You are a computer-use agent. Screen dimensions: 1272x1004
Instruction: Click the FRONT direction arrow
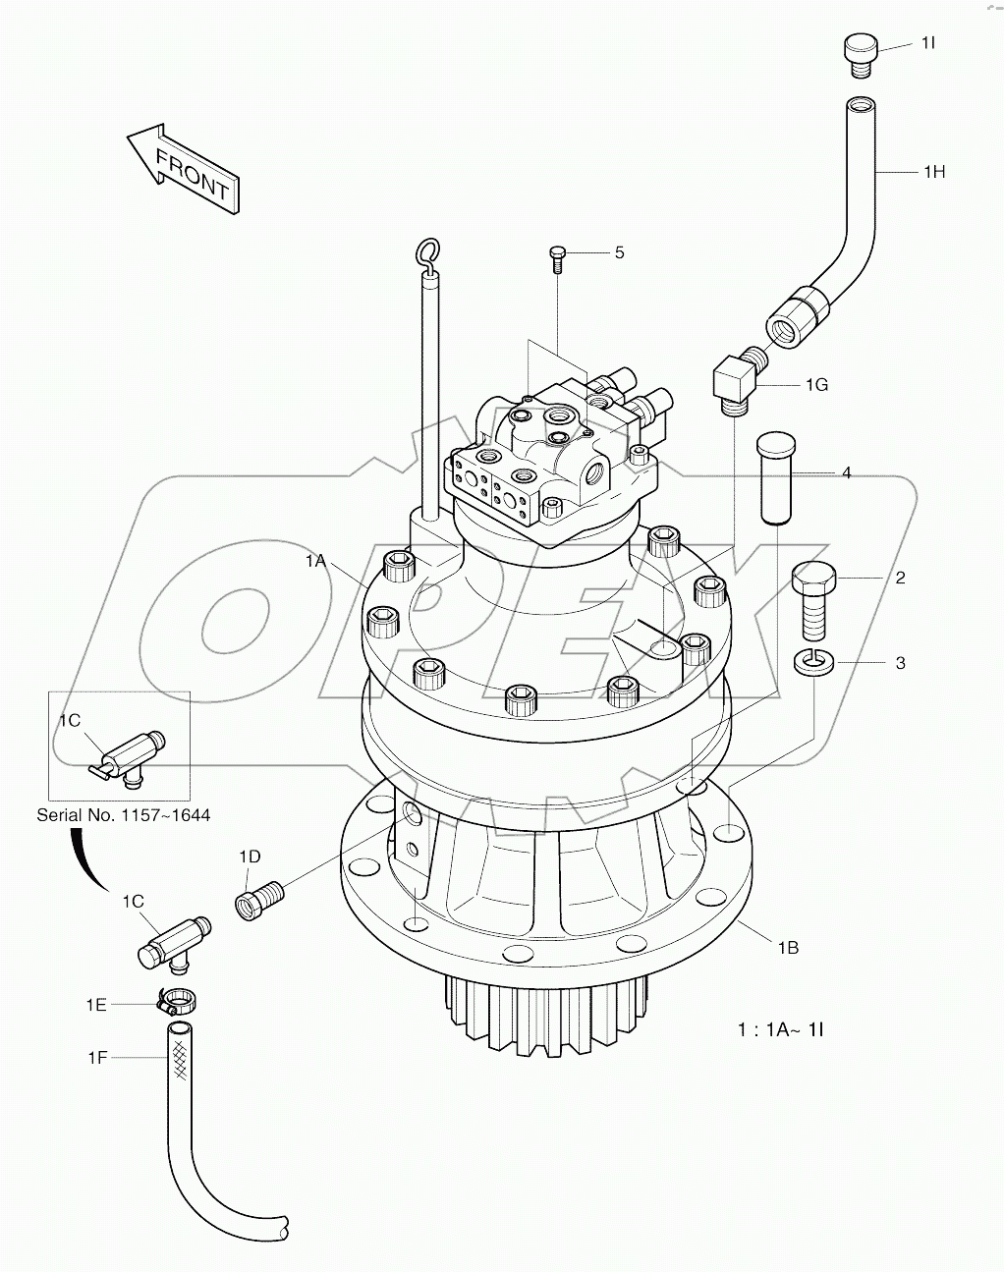pos(183,167)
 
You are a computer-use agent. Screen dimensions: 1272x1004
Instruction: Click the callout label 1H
pos(932,172)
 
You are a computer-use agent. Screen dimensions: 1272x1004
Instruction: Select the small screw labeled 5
pos(557,258)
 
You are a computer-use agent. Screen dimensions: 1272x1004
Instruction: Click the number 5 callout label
pos(619,252)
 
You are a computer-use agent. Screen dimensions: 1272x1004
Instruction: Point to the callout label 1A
pos(314,561)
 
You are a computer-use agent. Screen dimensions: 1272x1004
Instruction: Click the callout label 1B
pos(788,948)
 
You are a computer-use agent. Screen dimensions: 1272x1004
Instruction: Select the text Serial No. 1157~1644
pos(123,815)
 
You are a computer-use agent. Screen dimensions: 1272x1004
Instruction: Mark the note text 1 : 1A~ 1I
pos(780,1030)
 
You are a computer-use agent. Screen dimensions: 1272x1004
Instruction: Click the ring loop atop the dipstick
pos(428,255)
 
